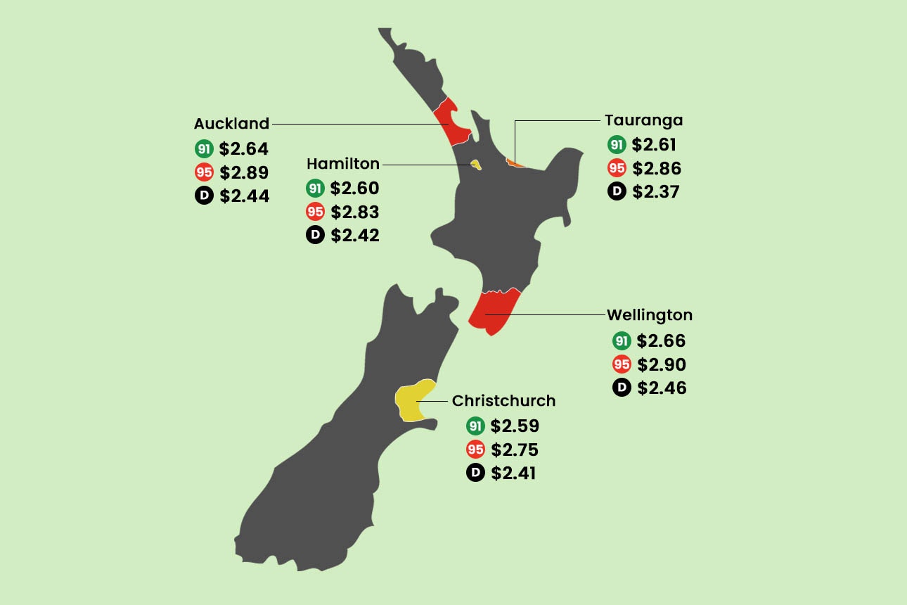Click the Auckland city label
pyautogui.click(x=231, y=124)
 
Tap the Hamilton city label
pyautogui.click(x=342, y=164)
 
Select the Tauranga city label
pyautogui.click(x=643, y=120)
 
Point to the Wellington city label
pyautogui.click(x=649, y=315)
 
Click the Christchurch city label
pyautogui.click(x=503, y=401)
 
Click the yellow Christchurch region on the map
pyautogui.click(x=411, y=402)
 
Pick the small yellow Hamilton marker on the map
pyautogui.click(x=476, y=165)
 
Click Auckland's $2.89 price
pyautogui.click(x=244, y=173)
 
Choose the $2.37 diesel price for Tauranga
pyautogui.click(x=656, y=192)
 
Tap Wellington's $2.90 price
pyautogui.click(x=661, y=365)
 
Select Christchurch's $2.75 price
pyautogui.click(x=515, y=450)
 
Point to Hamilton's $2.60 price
pyautogui.click(x=354, y=189)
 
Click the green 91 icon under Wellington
pyautogui.click(x=622, y=341)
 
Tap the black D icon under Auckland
pyautogui.click(x=204, y=196)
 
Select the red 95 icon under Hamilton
pyautogui.click(x=315, y=212)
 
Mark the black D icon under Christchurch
pyautogui.click(x=475, y=473)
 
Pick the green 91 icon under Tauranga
pyautogui.click(x=617, y=145)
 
